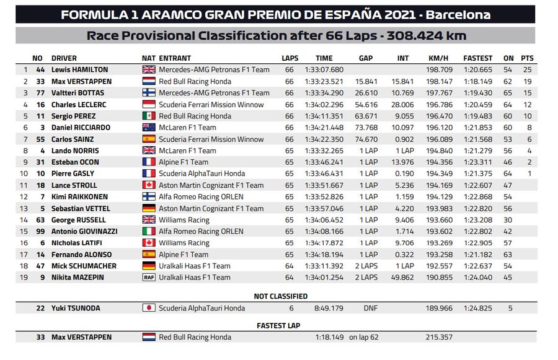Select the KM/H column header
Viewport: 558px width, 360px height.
point(438,58)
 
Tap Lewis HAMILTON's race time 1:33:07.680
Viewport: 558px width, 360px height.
point(324,70)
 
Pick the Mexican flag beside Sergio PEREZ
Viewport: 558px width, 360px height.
point(149,116)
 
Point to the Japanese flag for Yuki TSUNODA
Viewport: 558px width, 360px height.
point(149,308)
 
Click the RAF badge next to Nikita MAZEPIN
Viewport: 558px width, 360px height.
point(149,278)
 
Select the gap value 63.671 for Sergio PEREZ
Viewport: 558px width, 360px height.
point(366,116)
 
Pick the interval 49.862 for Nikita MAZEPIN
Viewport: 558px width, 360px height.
point(403,278)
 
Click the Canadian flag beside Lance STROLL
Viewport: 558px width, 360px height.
point(149,185)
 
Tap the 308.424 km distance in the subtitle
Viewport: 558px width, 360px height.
point(427,36)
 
